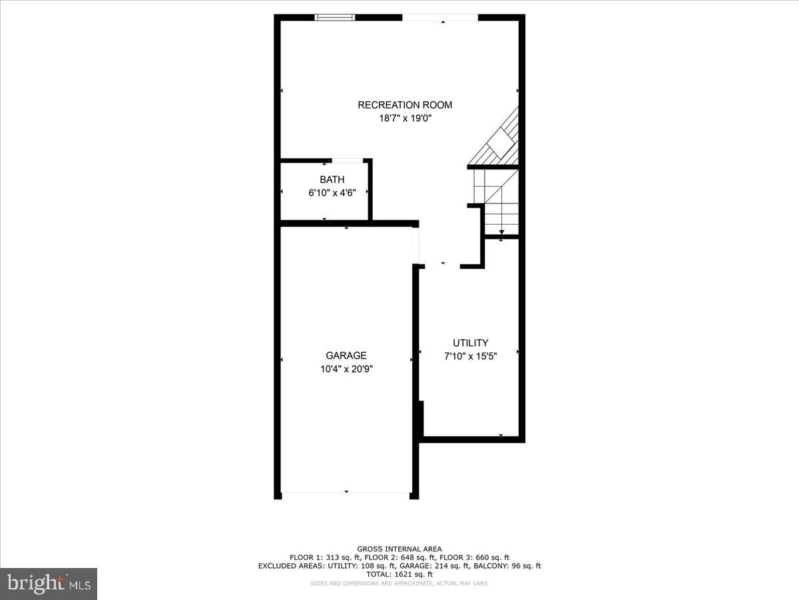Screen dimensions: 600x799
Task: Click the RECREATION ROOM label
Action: click(x=405, y=105)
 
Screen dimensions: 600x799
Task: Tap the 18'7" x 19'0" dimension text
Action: click(x=405, y=119)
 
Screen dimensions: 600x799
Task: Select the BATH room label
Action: click(x=332, y=179)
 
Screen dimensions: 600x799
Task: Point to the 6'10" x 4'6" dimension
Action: click(x=332, y=193)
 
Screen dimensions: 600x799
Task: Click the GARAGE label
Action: click(x=346, y=355)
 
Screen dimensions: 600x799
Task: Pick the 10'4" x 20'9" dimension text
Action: click(x=346, y=369)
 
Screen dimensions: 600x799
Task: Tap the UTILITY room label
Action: click(x=470, y=343)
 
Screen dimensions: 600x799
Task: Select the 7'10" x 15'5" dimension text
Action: click(x=470, y=356)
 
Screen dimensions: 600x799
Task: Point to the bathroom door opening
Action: click(x=347, y=160)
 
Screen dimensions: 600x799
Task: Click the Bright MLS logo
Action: click(x=49, y=583)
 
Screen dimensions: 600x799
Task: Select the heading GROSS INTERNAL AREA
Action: click(x=400, y=549)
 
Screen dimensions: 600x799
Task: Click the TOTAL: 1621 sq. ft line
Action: click(x=400, y=574)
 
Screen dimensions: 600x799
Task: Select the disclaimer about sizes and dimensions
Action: click(x=400, y=583)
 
